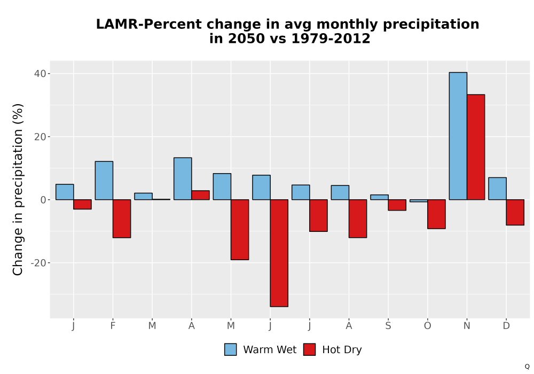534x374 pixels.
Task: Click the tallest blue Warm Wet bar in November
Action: (x=458, y=136)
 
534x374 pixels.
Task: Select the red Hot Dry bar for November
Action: (x=476, y=147)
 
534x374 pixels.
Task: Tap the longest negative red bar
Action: (x=279, y=253)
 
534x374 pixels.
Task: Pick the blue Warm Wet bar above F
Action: (x=104, y=181)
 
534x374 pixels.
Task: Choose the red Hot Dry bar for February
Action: (x=122, y=219)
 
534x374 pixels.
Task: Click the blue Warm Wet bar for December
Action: (x=497, y=189)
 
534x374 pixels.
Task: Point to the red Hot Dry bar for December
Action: (x=515, y=212)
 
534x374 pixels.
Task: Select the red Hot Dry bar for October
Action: (x=437, y=214)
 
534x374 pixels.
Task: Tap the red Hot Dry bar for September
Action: (x=397, y=205)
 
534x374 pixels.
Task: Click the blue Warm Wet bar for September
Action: (x=379, y=197)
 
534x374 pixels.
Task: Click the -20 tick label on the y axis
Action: (x=38, y=263)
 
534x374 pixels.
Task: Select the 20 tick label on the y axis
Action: (x=40, y=137)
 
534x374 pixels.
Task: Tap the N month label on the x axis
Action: (x=467, y=326)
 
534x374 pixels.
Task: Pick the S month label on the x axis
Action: (x=388, y=326)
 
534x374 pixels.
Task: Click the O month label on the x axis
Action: (x=427, y=326)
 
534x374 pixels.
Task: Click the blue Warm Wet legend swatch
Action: (x=231, y=349)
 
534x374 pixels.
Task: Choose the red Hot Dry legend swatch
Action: (x=309, y=349)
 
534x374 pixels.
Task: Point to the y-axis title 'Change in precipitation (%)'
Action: (x=18, y=189)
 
